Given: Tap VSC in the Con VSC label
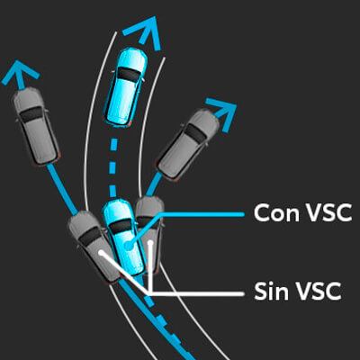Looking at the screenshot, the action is point(326,213).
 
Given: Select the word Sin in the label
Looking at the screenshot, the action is point(269,291).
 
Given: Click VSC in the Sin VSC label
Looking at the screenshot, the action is point(316,291).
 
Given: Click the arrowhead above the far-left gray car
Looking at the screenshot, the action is point(20,74).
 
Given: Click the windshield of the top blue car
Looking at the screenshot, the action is point(129,75).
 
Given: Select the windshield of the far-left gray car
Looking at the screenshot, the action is point(31,114).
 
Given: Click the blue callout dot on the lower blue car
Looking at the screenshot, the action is point(128,246).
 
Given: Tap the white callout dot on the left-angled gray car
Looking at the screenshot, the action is point(102,253).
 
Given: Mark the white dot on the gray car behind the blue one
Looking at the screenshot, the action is point(150,242).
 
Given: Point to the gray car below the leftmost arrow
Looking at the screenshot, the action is point(36,126).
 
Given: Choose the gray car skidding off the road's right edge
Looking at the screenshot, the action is point(188,145).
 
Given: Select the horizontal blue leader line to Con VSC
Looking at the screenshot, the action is point(202,214).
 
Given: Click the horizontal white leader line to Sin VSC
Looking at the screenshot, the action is point(195,293).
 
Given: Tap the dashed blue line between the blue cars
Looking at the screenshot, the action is point(112,167).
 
